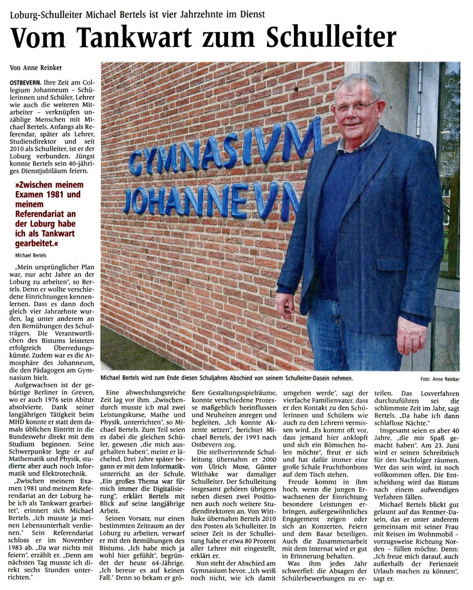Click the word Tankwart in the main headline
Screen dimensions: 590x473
point(135,37)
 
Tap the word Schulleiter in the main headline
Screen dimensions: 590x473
point(331,37)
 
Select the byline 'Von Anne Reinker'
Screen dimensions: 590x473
point(36,68)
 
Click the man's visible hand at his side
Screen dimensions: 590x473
point(285,305)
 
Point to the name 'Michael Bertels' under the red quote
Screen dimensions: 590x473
point(31,255)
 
